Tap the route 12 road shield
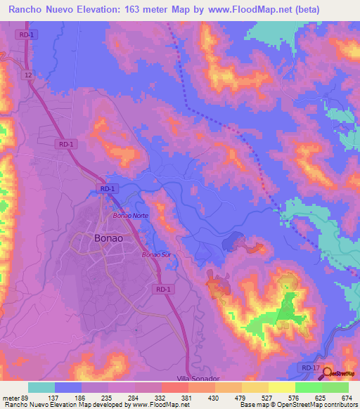[x=28, y=74]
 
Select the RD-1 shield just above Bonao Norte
[x=107, y=188]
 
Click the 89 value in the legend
[x=25, y=398]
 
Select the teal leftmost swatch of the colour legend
[x=41, y=387]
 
